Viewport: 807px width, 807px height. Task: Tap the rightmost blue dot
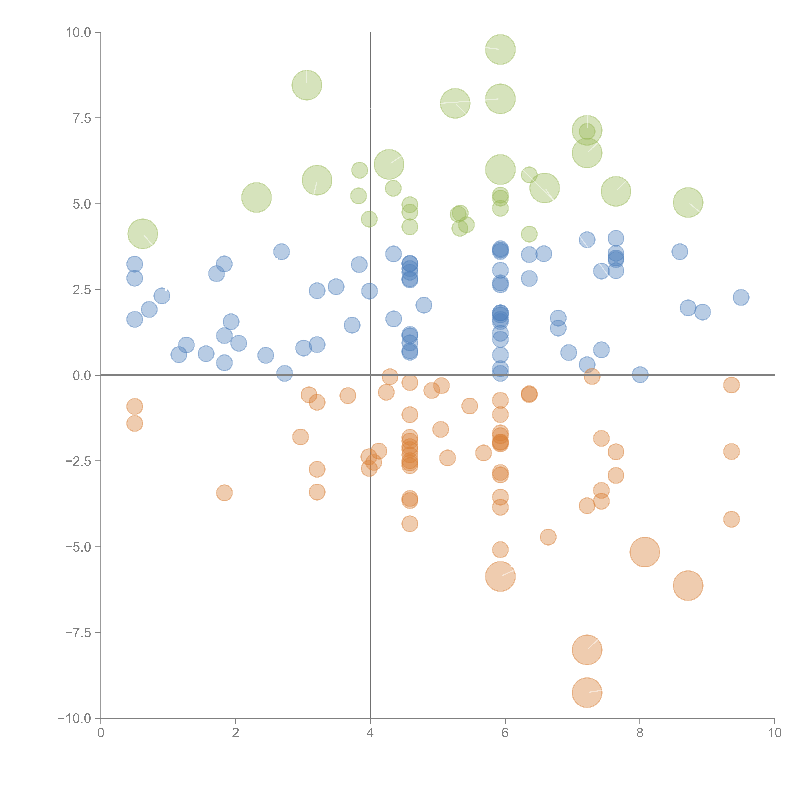click(x=741, y=297)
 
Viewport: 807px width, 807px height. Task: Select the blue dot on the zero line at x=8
click(x=640, y=375)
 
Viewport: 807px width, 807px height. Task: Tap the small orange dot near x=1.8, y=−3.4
click(x=224, y=493)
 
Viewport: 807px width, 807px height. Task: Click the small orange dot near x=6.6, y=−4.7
click(x=548, y=537)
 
